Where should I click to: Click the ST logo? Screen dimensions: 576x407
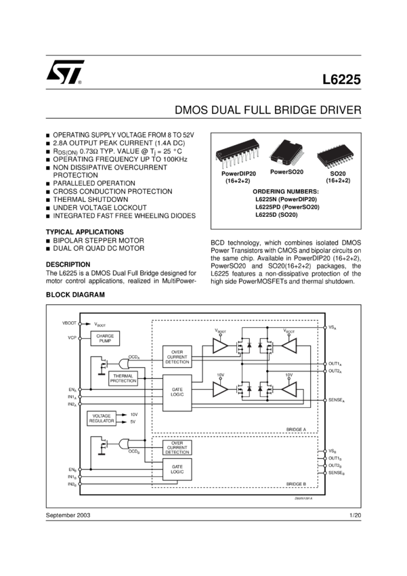(x=66, y=72)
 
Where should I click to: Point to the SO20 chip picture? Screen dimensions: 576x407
(x=337, y=155)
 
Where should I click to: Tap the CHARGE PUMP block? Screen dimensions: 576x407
(x=105, y=338)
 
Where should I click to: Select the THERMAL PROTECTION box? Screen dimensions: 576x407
(x=123, y=378)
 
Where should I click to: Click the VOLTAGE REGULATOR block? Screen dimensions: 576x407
(x=102, y=418)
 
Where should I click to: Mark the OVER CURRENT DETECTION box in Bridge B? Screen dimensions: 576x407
(x=177, y=447)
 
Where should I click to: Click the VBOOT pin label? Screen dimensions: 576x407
(x=70, y=323)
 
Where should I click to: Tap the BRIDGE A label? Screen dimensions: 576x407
(x=296, y=430)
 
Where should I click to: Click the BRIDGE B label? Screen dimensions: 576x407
(x=296, y=484)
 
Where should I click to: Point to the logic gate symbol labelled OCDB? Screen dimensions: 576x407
(x=125, y=444)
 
